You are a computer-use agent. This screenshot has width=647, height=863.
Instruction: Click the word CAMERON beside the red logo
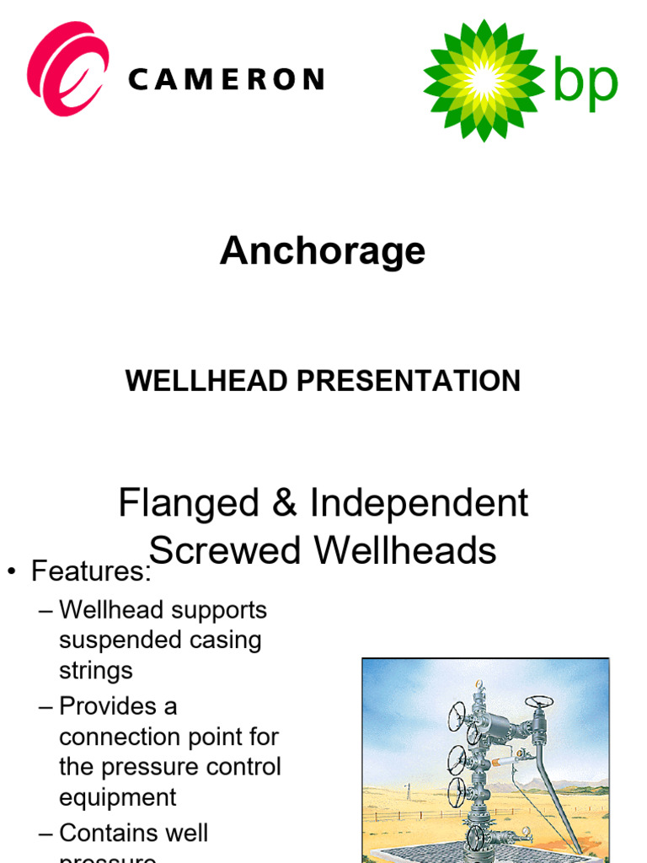click(x=226, y=80)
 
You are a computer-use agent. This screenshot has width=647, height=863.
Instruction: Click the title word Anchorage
click(x=323, y=250)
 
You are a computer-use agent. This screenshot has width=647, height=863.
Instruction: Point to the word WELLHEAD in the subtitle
click(x=206, y=381)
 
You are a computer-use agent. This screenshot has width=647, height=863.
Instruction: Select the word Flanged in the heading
click(x=189, y=503)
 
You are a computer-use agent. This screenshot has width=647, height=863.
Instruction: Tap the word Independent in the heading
click(x=419, y=503)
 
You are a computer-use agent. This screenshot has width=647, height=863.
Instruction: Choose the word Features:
click(x=91, y=572)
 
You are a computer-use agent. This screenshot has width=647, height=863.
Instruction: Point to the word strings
click(x=96, y=671)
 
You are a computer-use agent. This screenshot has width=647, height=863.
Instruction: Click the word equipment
click(x=118, y=797)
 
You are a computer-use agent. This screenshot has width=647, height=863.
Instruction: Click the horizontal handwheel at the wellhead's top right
click(x=539, y=702)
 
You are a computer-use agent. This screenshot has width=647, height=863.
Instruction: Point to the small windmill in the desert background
click(x=409, y=791)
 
